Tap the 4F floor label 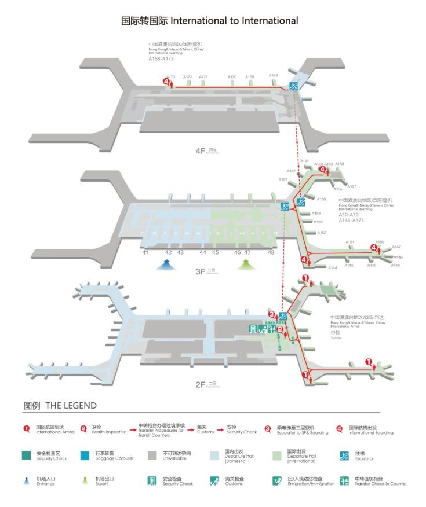(x=201, y=150)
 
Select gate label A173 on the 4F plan (x=170, y=77)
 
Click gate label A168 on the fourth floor (x=273, y=75)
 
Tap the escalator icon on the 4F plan (x=294, y=87)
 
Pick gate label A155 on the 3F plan (x=321, y=199)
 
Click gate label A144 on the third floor (x=333, y=267)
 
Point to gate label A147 (x=396, y=247)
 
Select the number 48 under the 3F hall (x=271, y=252)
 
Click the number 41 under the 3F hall (x=145, y=252)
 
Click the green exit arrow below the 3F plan (x=246, y=264)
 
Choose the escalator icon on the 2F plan (x=283, y=316)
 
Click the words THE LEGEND (x=71, y=406)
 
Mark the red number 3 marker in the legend (x=267, y=429)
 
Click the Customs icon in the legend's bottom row (x=214, y=481)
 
